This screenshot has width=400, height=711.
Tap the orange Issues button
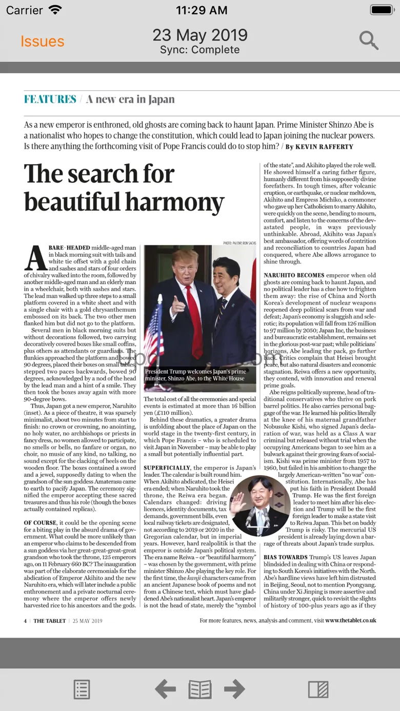[42, 42]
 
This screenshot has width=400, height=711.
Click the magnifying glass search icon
[369, 40]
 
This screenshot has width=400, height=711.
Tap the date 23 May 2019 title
[200, 35]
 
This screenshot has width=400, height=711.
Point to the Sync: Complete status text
[200, 50]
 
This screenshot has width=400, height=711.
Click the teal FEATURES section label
[50, 99]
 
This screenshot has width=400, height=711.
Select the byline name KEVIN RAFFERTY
[325, 147]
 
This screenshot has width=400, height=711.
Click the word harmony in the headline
[168, 201]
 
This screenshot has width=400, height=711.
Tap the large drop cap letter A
[36, 258]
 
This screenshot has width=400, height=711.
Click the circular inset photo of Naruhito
[260, 505]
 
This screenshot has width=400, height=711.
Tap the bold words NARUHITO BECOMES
[294, 275]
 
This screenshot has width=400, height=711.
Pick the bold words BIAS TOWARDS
[286, 557]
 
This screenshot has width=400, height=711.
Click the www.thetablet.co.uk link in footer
[350, 620]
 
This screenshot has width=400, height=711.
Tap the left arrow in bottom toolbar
[165, 689]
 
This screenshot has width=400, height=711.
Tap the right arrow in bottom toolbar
[234, 689]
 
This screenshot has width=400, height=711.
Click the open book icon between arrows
[200, 689]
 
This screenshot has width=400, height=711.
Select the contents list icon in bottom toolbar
[82, 689]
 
